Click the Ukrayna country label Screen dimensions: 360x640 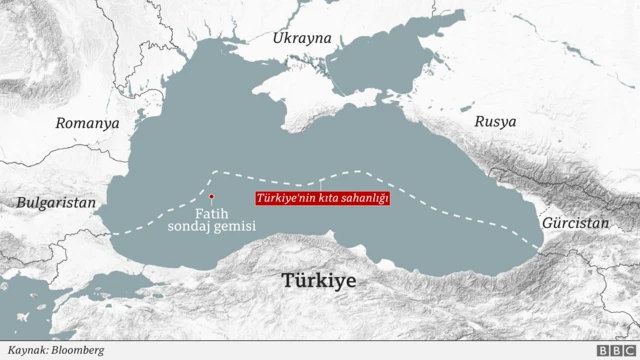click(x=301, y=38)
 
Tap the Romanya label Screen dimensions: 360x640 click(x=87, y=123)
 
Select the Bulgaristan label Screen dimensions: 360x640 click(x=56, y=202)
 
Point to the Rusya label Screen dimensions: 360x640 click(x=496, y=121)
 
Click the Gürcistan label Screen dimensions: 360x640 click(x=575, y=224)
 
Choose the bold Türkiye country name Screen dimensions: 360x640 click(x=319, y=281)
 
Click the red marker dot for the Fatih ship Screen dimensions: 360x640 click(x=211, y=197)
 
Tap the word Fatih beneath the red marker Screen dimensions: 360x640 click(x=211, y=212)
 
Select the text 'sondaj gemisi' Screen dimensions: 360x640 click(x=211, y=227)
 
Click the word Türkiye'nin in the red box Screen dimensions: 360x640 click(x=284, y=199)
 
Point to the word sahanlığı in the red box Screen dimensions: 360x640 click(x=362, y=199)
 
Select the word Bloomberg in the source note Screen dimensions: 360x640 click(x=76, y=350)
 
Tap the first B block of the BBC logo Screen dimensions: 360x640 click(x=602, y=350)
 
